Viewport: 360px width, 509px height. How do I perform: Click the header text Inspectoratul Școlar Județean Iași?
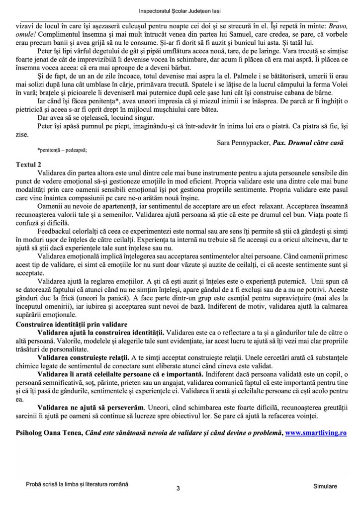tap(180, 10)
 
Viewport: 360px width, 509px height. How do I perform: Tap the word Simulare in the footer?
tap(326, 485)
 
